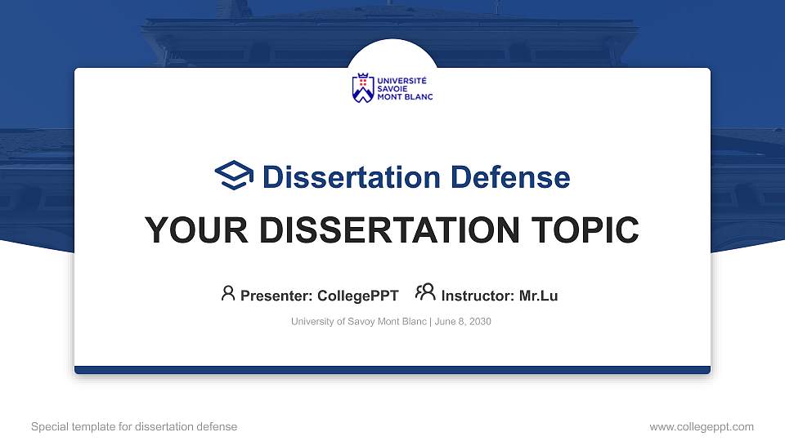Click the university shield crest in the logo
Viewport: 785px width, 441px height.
pos(362,88)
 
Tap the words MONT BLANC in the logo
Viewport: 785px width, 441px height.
pos(404,97)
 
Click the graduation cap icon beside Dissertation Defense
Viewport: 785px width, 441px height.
pos(234,176)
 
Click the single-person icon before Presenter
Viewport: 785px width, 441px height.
pos(228,293)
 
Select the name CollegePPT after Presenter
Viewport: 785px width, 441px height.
pos(358,296)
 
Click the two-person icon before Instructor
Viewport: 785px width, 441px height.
pos(425,292)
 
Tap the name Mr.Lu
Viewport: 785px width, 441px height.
pos(539,296)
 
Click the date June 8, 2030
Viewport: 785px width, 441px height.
pos(463,322)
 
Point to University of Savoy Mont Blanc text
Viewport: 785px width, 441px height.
pos(358,322)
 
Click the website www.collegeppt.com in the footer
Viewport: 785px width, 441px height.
pos(701,426)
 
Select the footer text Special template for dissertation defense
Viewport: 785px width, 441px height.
pos(134,426)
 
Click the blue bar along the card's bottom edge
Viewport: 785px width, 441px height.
pos(392,370)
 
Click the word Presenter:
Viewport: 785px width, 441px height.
pos(277,296)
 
